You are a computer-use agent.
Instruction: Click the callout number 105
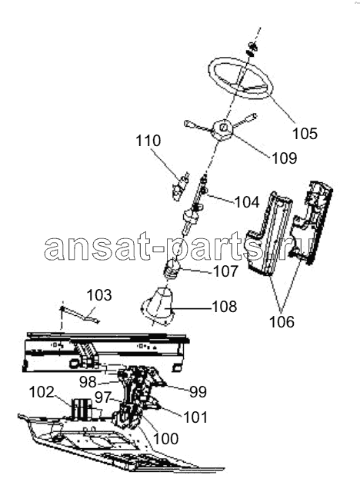[x=305, y=134]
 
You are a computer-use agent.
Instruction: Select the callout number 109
[x=285, y=158]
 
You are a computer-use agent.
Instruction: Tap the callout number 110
[x=148, y=141]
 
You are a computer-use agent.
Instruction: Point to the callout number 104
[x=247, y=201]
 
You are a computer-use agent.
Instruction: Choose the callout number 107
[x=225, y=271]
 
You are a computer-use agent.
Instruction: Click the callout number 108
[x=225, y=307]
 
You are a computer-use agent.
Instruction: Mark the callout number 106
[x=282, y=322]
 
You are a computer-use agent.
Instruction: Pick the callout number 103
[x=99, y=295]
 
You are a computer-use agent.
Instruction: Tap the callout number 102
[x=42, y=393]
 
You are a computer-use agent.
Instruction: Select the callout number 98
[x=88, y=382]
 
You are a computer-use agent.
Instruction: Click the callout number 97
[x=103, y=397]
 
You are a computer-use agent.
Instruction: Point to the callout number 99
[x=198, y=392]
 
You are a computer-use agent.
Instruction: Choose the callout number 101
[x=195, y=417]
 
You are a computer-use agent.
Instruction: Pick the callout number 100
[x=166, y=439]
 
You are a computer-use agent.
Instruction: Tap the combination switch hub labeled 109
[x=222, y=128]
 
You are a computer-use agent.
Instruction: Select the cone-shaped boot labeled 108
[x=158, y=307]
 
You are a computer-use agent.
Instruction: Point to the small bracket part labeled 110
[x=179, y=188]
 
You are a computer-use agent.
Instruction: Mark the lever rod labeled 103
[x=80, y=314]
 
